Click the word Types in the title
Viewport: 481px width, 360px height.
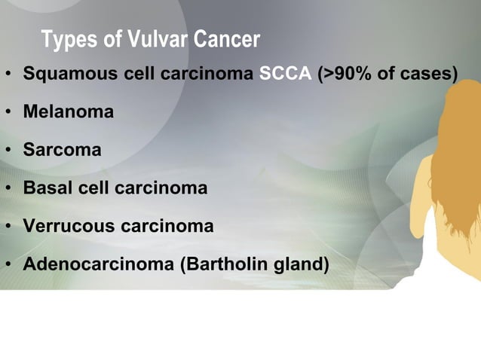click(x=69, y=41)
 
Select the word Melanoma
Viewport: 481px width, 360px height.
click(x=69, y=113)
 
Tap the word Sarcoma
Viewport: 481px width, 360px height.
click(x=62, y=151)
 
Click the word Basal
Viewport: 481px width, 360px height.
click(x=47, y=188)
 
